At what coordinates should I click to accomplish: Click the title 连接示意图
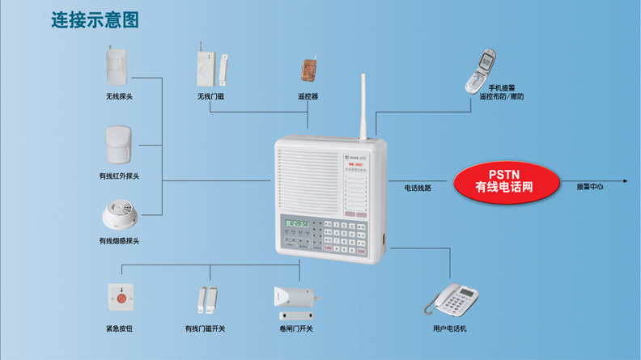click(x=95, y=19)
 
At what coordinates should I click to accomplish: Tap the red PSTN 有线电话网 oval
click(x=504, y=181)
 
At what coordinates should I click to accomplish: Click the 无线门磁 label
click(x=210, y=96)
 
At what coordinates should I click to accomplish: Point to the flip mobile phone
click(x=482, y=70)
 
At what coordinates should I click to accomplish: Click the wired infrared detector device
click(x=118, y=145)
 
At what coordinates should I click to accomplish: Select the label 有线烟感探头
click(x=119, y=240)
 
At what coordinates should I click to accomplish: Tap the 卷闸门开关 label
click(x=295, y=328)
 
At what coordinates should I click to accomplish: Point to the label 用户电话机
click(x=450, y=328)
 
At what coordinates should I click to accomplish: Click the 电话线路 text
click(x=418, y=188)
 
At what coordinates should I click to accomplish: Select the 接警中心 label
click(x=589, y=187)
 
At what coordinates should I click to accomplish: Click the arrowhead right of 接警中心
click(x=625, y=181)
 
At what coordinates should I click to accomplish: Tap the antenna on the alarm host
click(x=364, y=105)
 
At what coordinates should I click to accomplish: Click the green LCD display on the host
click(x=298, y=222)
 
